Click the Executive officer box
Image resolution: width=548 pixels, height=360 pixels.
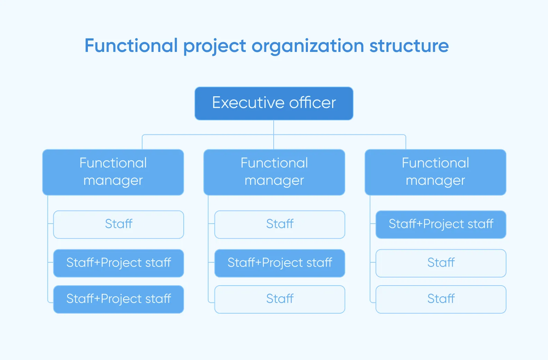(x=274, y=103)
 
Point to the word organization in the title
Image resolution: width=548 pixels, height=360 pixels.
(x=308, y=46)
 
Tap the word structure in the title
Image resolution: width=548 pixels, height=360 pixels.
(x=409, y=46)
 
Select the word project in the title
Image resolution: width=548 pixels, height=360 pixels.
(x=214, y=46)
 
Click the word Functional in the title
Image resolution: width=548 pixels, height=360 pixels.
(x=131, y=46)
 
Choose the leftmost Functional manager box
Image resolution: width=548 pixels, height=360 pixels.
(x=113, y=172)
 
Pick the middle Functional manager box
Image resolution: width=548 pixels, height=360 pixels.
(x=274, y=172)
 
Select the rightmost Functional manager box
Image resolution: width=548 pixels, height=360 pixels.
(x=435, y=172)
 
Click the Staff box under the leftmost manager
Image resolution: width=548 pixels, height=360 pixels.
(x=118, y=224)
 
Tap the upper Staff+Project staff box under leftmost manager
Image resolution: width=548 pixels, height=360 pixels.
(x=118, y=263)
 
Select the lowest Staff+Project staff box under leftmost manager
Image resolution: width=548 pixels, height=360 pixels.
(x=118, y=299)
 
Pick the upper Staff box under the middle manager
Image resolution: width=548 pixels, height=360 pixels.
(x=280, y=224)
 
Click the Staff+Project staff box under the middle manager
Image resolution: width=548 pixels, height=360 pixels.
(x=280, y=263)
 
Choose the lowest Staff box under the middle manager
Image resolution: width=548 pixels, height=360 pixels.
(x=280, y=299)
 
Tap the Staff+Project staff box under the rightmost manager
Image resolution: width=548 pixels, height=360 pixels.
(x=441, y=224)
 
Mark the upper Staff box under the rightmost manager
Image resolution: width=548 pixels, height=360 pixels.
(x=441, y=263)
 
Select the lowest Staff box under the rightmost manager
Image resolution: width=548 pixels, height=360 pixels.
(x=441, y=299)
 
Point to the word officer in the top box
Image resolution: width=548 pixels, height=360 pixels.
(x=312, y=103)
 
